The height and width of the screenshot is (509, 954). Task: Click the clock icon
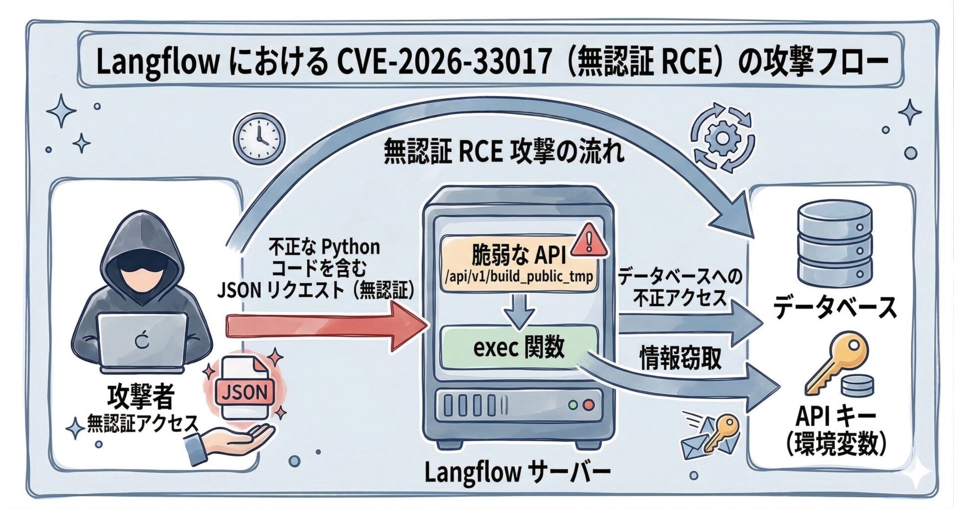point(259,138)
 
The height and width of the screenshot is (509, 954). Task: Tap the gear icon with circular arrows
point(723,137)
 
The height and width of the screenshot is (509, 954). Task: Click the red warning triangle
point(589,241)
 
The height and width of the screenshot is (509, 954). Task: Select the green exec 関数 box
point(519,347)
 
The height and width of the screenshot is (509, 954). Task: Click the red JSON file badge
point(244,393)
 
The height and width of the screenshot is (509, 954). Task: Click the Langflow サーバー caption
point(517,473)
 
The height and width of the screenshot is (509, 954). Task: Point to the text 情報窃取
point(680,358)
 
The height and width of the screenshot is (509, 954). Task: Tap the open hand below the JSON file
point(234,442)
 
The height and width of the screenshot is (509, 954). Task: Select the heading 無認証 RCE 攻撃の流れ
point(504,153)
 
